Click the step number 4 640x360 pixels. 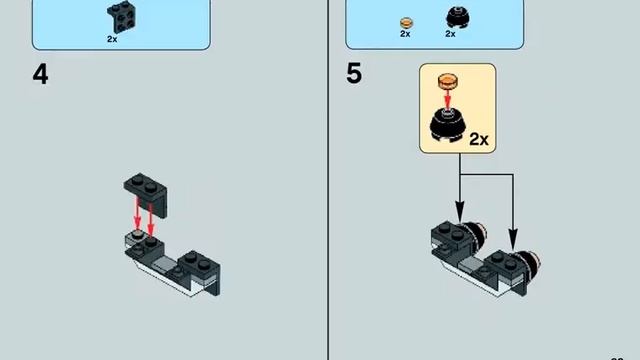40,74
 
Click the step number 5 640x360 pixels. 354,74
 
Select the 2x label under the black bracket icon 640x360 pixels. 112,39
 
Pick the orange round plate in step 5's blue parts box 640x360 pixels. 405,20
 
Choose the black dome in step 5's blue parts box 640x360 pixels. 450,18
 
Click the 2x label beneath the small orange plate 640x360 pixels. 405,34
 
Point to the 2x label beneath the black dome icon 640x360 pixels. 450,34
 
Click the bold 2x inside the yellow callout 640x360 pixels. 478,138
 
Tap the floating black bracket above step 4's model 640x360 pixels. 146,188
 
